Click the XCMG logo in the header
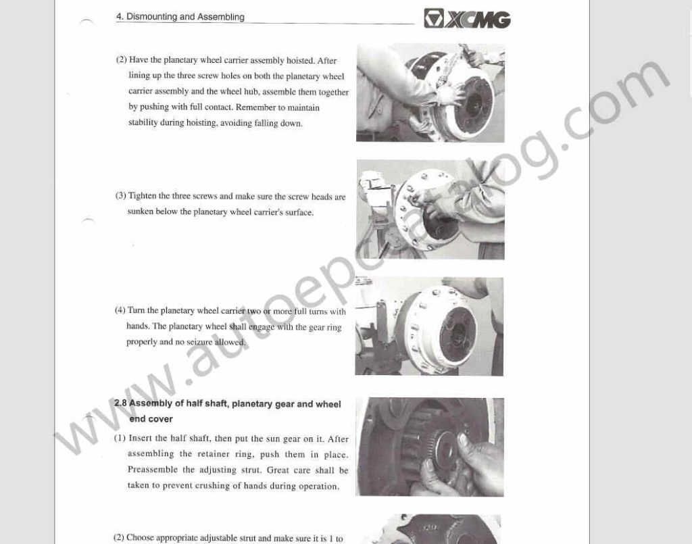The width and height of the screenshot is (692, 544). click(467, 19)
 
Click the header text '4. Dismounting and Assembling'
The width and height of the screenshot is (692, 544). click(180, 16)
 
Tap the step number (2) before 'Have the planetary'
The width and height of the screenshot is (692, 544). click(121, 59)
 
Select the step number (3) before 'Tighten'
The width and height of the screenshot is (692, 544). click(120, 196)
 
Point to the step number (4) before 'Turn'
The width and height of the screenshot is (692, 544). click(120, 310)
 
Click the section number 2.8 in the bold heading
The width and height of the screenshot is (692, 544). click(120, 403)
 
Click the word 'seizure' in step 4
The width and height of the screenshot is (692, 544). click(209, 342)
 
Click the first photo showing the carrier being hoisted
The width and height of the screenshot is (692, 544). click(430, 93)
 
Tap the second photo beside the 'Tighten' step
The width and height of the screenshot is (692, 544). click(430, 209)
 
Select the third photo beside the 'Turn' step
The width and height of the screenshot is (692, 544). click(429, 326)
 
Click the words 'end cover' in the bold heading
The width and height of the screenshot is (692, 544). click(151, 419)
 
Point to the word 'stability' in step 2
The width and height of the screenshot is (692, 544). click(145, 123)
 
